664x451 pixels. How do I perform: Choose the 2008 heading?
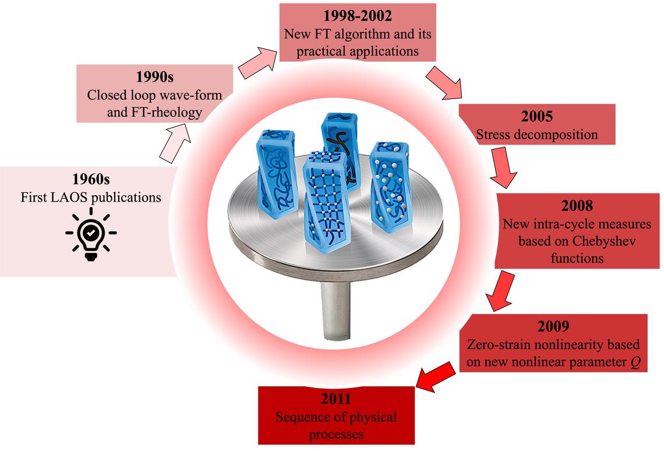[x=577, y=206]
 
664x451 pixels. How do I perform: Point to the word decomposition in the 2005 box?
[x=558, y=135]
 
